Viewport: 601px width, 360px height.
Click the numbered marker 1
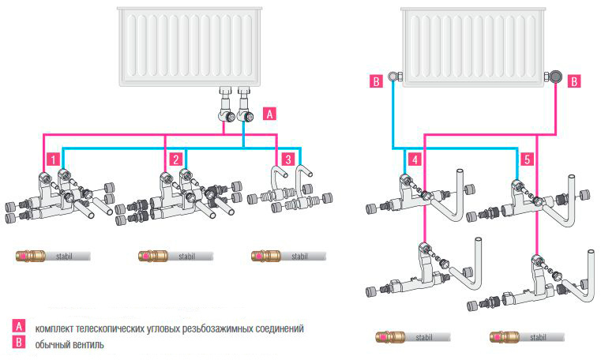point(51,159)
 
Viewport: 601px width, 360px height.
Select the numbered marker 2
point(177,159)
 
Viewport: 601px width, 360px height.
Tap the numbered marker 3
point(289,159)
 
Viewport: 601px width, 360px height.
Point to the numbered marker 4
point(415,159)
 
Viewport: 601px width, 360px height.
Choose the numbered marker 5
point(528,159)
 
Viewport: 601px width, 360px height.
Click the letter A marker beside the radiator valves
point(269,113)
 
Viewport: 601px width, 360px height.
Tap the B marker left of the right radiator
point(377,80)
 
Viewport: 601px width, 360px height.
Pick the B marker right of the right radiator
point(574,80)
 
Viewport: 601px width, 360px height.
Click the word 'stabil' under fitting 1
point(63,256)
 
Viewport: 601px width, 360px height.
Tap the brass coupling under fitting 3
point(261,256)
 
